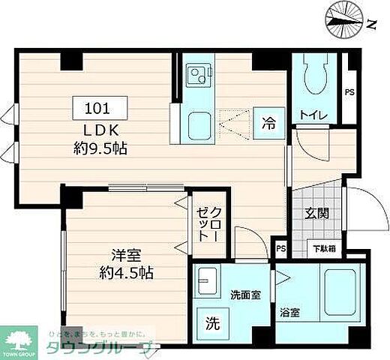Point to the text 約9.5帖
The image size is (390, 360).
[x=99, y=148]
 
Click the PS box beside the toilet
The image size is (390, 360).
[x=349, y=91]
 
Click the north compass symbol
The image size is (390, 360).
[x=343, y=20]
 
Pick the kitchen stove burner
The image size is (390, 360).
[x=199, y=74]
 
